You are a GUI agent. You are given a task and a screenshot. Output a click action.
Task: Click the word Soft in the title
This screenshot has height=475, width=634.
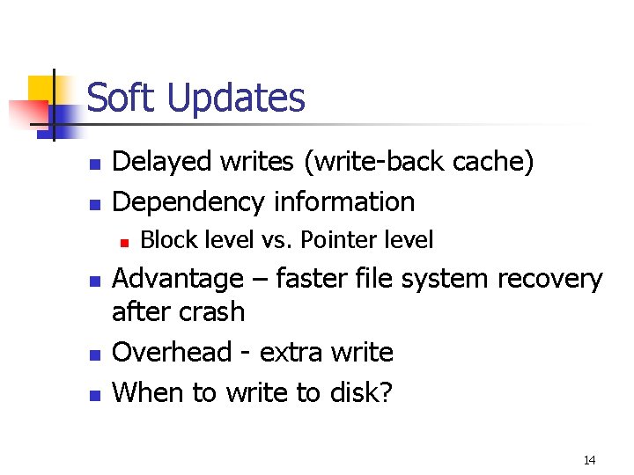pos(122,98)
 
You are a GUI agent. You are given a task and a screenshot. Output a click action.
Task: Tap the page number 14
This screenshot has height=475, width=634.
pos(589,460)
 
